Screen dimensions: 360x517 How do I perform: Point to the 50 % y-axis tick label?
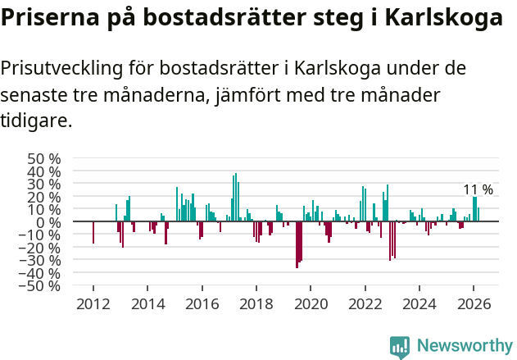44,158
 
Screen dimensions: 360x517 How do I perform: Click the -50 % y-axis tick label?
41,286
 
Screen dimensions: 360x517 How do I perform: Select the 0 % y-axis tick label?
51,222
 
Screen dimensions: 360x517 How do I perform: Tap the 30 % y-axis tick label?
44,184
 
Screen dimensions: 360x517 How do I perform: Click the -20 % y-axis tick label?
41,248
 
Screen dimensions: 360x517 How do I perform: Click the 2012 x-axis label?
93,303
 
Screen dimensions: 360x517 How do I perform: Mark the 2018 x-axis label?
256,303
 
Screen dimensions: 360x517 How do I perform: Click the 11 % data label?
478,189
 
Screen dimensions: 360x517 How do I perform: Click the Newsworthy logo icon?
400,347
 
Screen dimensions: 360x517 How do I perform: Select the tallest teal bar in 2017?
236,198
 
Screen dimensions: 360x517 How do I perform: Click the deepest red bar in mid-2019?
297,244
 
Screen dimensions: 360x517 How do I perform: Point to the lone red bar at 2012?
93,233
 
